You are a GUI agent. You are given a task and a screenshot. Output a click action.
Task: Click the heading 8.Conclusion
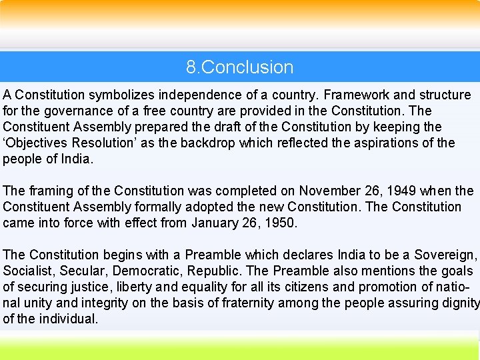[x=240, y=67]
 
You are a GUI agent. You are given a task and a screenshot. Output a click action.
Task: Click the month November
[x=330, y=191]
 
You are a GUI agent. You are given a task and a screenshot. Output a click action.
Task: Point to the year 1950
[x=280, y=223]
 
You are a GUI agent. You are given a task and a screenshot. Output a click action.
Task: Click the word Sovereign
[x=445, y=255]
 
